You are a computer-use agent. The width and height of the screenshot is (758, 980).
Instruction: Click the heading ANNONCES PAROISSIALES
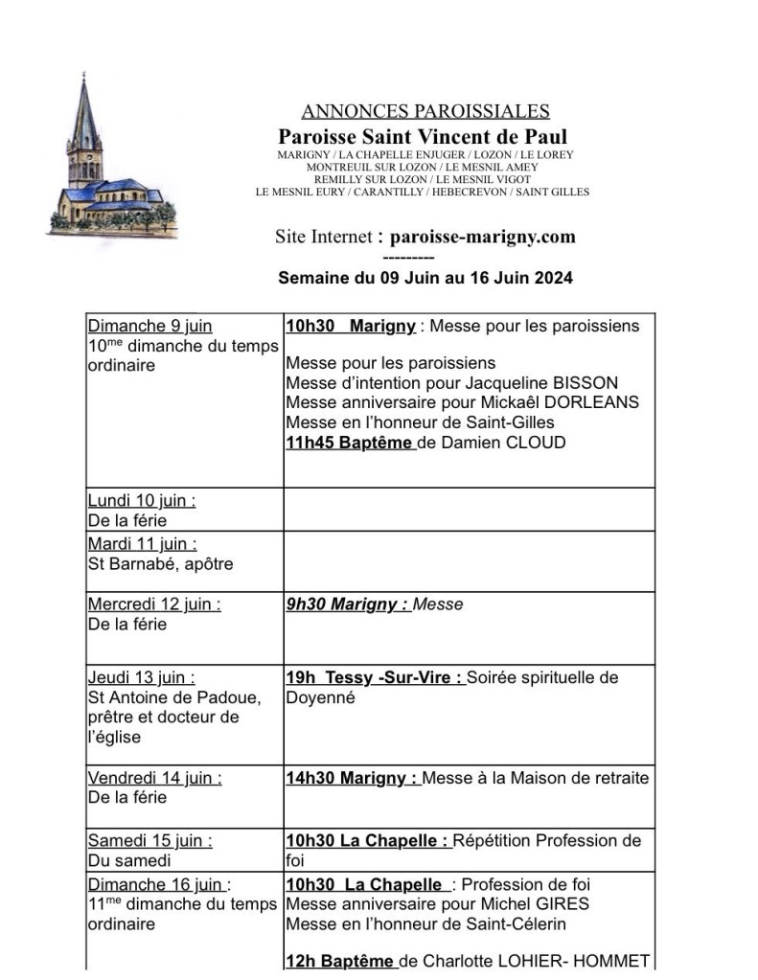425,112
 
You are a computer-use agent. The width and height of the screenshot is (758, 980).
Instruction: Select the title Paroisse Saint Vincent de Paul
423,137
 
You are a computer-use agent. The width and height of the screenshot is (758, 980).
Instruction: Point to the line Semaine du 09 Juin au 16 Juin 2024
425,279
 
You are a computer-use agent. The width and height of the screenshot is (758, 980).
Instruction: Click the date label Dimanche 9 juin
149,327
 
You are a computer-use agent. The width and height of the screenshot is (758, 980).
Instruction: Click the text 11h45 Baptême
350,443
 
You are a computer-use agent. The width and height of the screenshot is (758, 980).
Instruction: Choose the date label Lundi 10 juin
141,501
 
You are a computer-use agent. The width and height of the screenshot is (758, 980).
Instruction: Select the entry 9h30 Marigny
347,604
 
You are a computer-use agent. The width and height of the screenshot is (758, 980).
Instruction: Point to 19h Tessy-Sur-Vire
375,678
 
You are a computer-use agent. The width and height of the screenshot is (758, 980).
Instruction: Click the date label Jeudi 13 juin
141,678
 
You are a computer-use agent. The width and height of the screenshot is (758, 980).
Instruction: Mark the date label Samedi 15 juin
149,840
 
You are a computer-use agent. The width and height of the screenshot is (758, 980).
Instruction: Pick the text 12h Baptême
339,961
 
